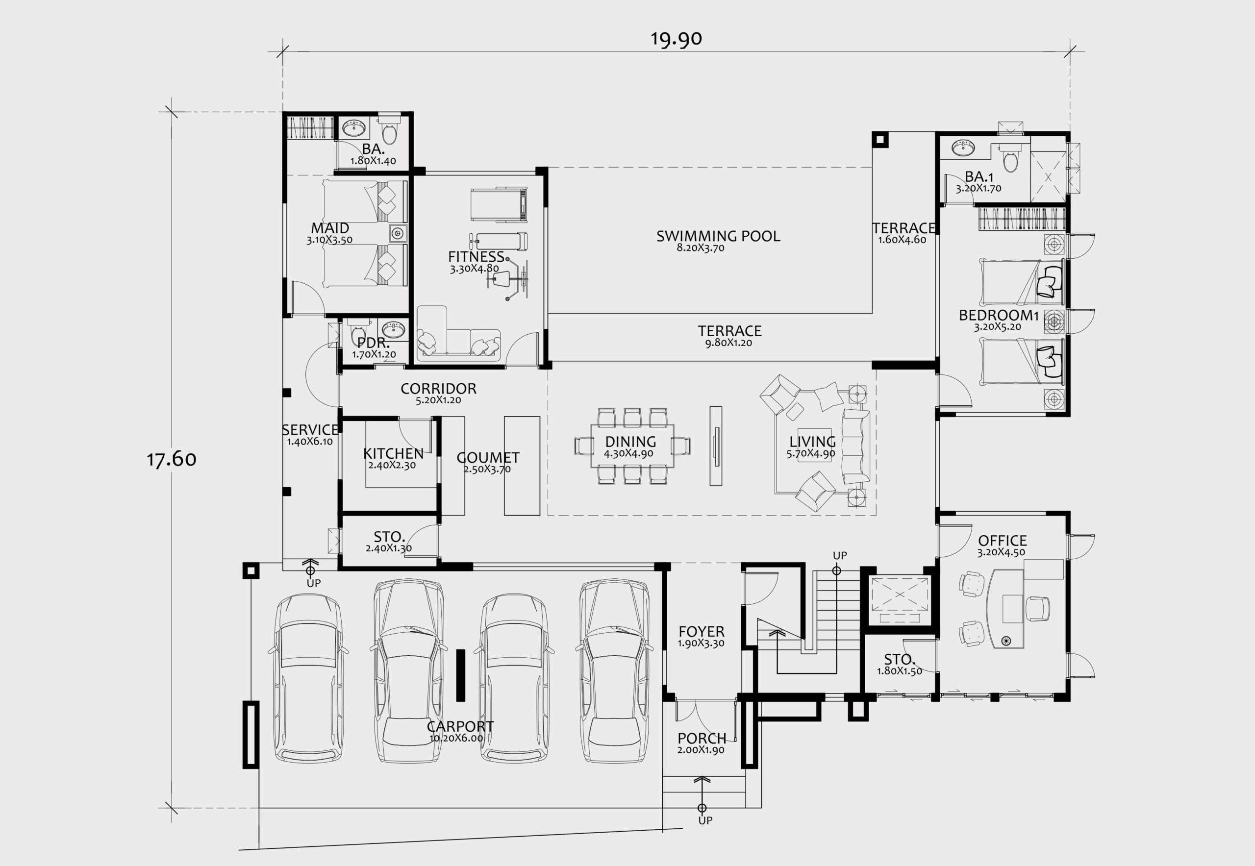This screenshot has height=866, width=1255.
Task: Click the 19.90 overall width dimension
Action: click(676, 39)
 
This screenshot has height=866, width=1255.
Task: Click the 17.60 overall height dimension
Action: click(172, 459)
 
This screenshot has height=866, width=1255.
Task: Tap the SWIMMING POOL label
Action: click(718, 236)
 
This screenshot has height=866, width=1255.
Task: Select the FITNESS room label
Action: click(476, 257)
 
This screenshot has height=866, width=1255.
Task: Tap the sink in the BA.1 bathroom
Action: click(963, 147)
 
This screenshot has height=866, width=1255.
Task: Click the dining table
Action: click(632, 445)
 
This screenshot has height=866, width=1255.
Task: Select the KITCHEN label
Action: click(393, 453)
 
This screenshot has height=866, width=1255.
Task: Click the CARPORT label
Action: click(460, 726)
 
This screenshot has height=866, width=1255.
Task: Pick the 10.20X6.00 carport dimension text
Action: click(456, 739)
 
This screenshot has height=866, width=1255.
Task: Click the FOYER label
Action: click(702, 632)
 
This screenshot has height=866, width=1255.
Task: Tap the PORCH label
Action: click(702, 739)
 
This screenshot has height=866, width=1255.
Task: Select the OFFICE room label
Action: click(1002, 541)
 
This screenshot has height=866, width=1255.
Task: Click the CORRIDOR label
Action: click(439, 389)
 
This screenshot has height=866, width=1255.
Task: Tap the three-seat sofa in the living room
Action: click(856, 446)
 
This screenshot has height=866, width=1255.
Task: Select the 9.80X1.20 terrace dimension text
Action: click(728, 343)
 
